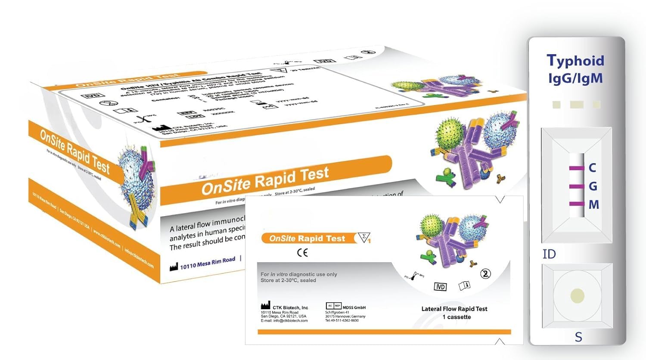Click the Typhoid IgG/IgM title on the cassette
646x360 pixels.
tap(575, 69)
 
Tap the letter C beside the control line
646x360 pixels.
tap(593, 168)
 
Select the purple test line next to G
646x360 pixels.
tap(576, 186)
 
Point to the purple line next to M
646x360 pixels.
tap(576, 204)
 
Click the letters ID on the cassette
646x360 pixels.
tap(549, 254)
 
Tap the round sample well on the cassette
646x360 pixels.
tap(577, 296)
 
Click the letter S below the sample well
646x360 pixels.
tap(578, 337)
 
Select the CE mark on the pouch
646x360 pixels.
tap(302, 253)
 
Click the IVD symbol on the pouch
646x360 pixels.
tap(440, 287)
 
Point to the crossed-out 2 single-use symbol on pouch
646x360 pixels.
tap(485, 274)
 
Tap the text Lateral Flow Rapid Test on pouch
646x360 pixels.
tap(454, 309)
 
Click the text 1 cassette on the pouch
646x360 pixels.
tap(457, 317)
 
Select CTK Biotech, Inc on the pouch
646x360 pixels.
tap(290, 307)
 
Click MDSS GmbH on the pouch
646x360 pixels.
tap(354, 307)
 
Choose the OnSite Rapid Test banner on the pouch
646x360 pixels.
tap(307, 238)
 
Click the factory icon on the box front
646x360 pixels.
tap(174, 267)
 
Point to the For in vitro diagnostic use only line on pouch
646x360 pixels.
tap(299, 274)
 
